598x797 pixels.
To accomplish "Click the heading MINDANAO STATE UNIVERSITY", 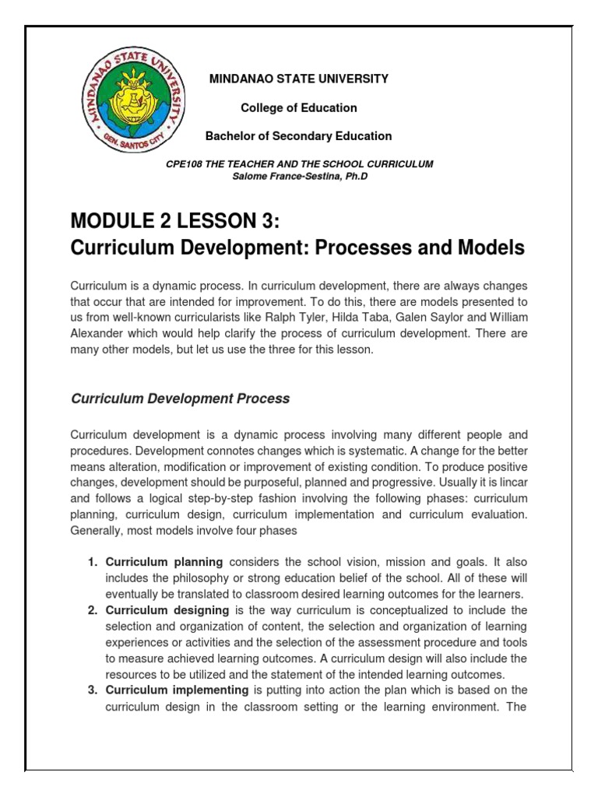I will (299, 79).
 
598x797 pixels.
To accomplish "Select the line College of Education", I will (299, 107).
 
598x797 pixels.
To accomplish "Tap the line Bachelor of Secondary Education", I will (299, 136).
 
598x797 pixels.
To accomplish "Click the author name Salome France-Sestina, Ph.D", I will (299, 176).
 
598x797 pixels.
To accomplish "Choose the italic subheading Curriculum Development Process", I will (180, 398).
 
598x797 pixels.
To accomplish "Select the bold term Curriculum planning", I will (164, 562).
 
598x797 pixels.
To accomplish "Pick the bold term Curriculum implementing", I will (177, 690).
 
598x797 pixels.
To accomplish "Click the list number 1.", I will (91, 562).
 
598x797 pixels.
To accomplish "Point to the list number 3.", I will (91, 690).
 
